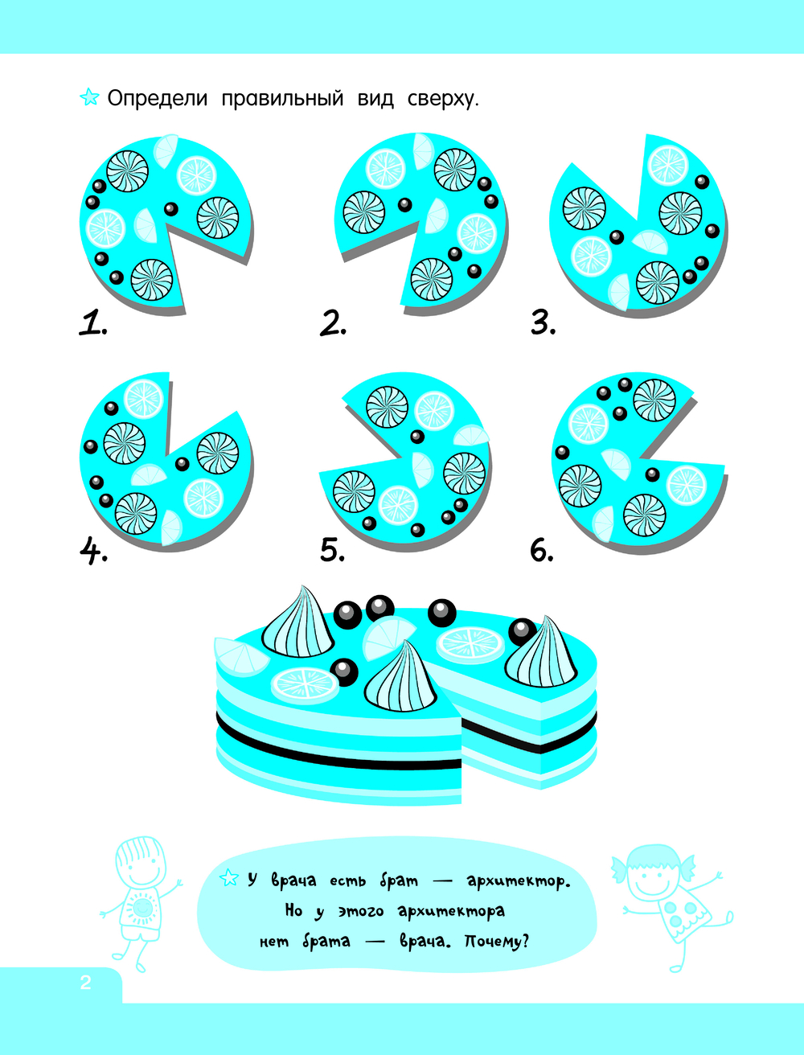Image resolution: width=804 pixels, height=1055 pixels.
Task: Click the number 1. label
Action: point(92,322)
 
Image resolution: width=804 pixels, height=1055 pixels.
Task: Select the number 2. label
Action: point(333,322)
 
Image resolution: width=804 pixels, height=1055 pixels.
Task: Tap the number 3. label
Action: point(544,322)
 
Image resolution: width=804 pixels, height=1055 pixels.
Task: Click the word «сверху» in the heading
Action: point(443,99)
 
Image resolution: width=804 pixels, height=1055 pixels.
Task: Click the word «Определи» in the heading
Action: point(157,99)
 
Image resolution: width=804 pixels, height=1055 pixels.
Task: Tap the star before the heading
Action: point(89,97)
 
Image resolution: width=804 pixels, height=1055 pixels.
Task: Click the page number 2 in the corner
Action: point(85,982)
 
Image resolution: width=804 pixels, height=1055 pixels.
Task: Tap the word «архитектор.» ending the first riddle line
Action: point(519,881)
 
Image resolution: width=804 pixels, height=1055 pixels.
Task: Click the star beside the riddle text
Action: point(229,878)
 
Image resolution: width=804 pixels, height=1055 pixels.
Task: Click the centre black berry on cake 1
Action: point(171,209)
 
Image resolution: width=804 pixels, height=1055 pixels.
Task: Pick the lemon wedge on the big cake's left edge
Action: point(240,656)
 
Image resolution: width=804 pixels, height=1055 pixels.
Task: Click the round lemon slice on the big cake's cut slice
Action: point(470,644)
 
